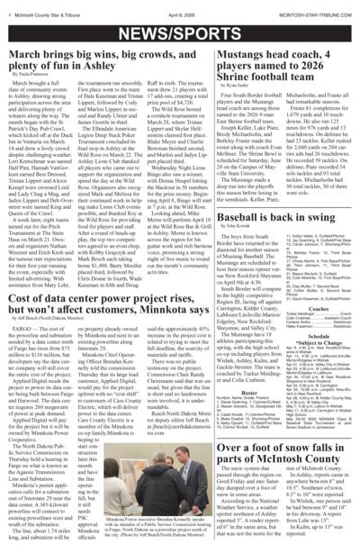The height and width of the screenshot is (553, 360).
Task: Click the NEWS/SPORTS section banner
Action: click(180, 30)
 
